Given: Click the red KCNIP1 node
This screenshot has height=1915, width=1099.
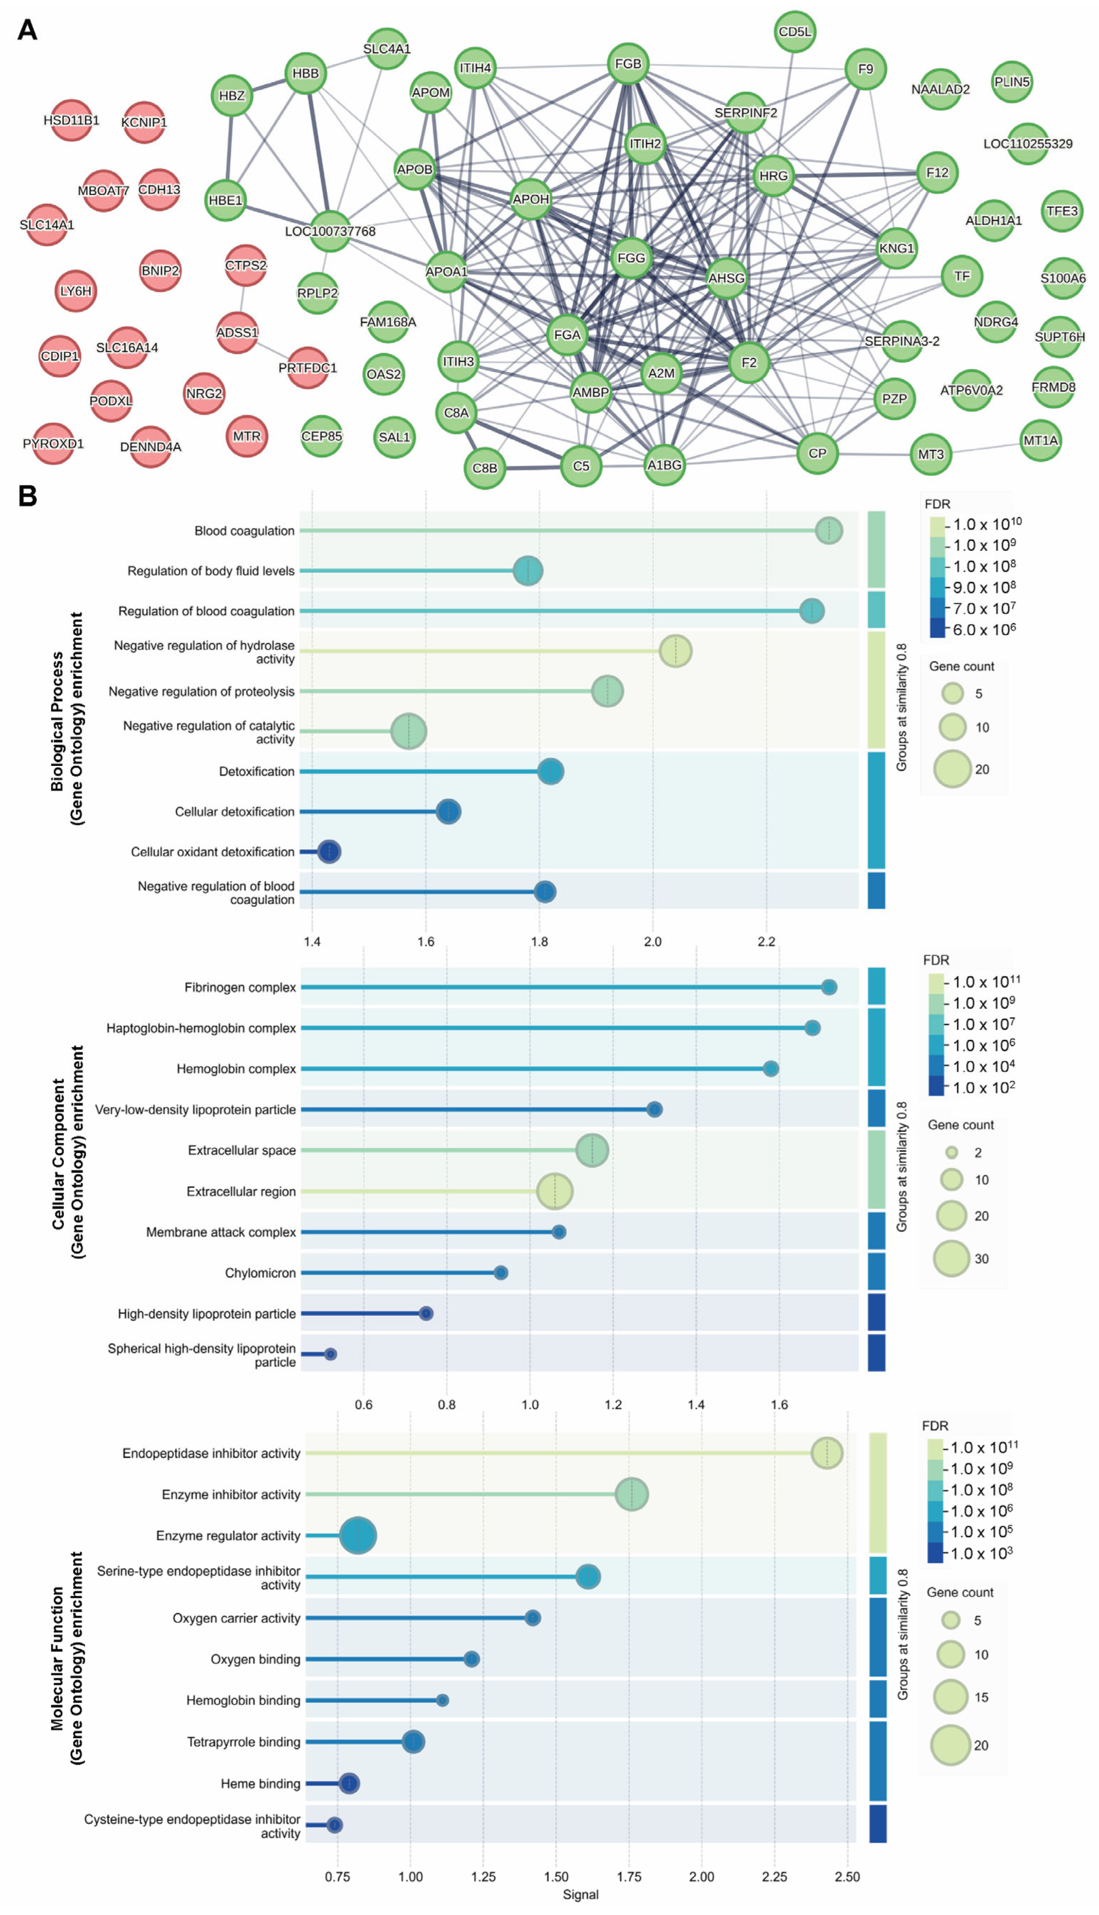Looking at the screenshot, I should point(143,122).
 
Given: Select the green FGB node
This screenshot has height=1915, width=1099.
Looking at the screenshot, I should point(628,64).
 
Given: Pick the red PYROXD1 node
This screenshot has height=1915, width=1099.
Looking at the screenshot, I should point(53,444).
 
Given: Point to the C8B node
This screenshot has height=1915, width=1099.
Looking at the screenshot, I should point(485,468).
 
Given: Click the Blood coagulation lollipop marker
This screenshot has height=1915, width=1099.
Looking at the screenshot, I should point(829,530).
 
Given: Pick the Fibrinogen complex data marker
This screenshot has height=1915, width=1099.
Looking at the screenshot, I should point(829,987).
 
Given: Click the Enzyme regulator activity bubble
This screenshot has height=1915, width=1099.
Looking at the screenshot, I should point(358,1535).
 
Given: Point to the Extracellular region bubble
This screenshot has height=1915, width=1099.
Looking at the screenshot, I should point(555,1191).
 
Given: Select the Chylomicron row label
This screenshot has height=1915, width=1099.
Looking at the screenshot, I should point(261,1273).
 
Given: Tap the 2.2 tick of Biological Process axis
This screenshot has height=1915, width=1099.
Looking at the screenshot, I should point(766,942).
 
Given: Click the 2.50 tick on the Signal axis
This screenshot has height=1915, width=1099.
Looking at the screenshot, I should point(847,1877).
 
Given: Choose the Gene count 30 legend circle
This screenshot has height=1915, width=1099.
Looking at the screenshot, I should point(951,1259).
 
